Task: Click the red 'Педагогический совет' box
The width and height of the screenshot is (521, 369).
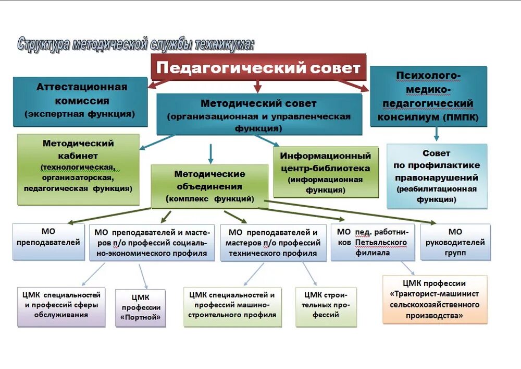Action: point(258,68)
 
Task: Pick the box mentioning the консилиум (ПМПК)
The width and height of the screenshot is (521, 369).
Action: point(428,97)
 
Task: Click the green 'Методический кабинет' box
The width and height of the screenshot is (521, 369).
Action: point(78,169)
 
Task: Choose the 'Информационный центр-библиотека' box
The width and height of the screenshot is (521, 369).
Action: point(326,172)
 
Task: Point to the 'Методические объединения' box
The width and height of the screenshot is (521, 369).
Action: point(209,186)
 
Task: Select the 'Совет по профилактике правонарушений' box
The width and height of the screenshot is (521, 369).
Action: point(437,176)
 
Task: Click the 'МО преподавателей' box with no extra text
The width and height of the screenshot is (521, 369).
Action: point(48,242)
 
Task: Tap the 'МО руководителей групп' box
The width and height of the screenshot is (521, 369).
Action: point(455,242)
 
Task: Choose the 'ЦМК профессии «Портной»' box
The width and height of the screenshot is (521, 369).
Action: point(140,308)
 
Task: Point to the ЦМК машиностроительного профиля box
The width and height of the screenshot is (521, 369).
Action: point(232,305)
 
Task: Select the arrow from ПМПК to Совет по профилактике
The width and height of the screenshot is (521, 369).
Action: point(436,133)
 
